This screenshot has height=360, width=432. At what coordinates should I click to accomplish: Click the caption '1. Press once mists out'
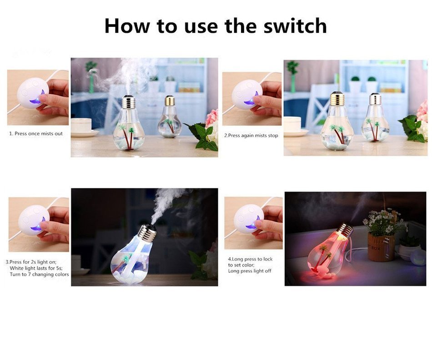(x=36, y=134)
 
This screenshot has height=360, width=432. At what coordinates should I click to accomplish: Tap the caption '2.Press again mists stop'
(x=251, y=136)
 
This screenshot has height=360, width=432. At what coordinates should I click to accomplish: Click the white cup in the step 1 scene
(x=81, y=126)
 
